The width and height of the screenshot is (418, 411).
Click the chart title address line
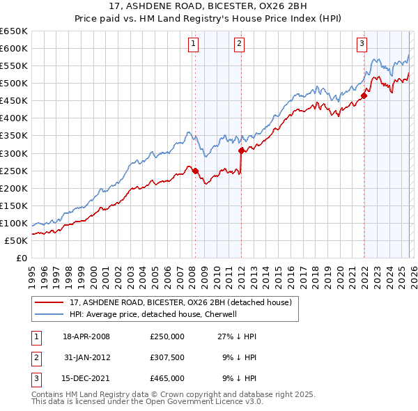point(208,7)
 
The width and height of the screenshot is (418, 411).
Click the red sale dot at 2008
point(195,171)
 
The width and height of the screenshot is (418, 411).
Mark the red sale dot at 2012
point(241,150)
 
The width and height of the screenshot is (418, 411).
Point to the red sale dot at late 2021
point(364,95)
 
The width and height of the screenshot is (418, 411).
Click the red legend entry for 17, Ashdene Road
point(184,302)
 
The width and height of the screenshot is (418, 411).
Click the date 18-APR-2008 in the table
point(86,336)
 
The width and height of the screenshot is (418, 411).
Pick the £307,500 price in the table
point(167,357)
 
